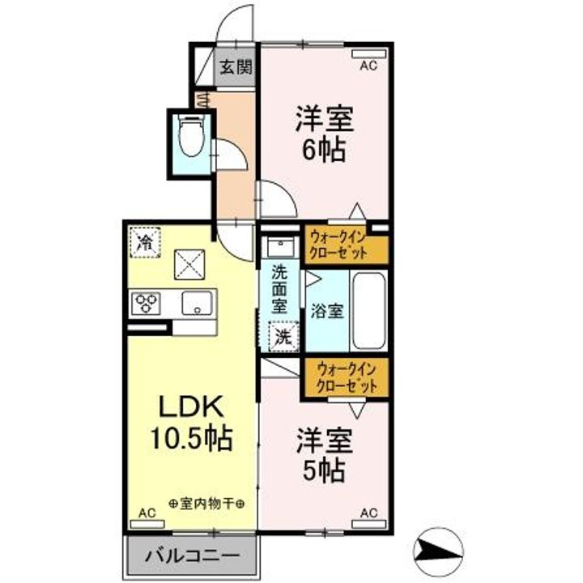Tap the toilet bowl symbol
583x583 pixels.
(191, 137)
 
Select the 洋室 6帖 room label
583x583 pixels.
(321, 134)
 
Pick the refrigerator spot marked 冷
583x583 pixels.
(146, 240)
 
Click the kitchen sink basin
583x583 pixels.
(196, 304)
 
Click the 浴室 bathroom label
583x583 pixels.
(326, 310)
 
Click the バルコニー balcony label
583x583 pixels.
(193, 557)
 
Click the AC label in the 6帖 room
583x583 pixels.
(368, 65)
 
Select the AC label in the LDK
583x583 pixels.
(147, 513)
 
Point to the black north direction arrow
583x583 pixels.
(437, 552)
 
